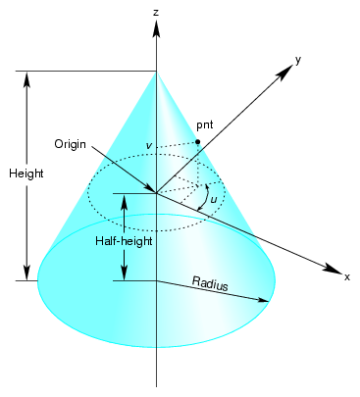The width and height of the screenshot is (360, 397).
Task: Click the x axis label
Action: pos(346,277)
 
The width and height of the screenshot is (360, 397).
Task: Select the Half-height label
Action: pos(123,239)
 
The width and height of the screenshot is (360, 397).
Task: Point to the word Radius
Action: pos(210,284)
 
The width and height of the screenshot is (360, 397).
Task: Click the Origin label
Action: pos(72,143)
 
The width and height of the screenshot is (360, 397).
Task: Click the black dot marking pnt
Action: pos(197,142)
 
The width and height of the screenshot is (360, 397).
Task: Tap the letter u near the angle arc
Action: pos(214,200)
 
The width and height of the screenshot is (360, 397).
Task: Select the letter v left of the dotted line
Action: pos(148,146)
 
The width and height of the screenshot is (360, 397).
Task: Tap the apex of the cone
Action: pos(156,71)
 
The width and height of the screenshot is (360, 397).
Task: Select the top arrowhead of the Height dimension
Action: pos(27,77)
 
